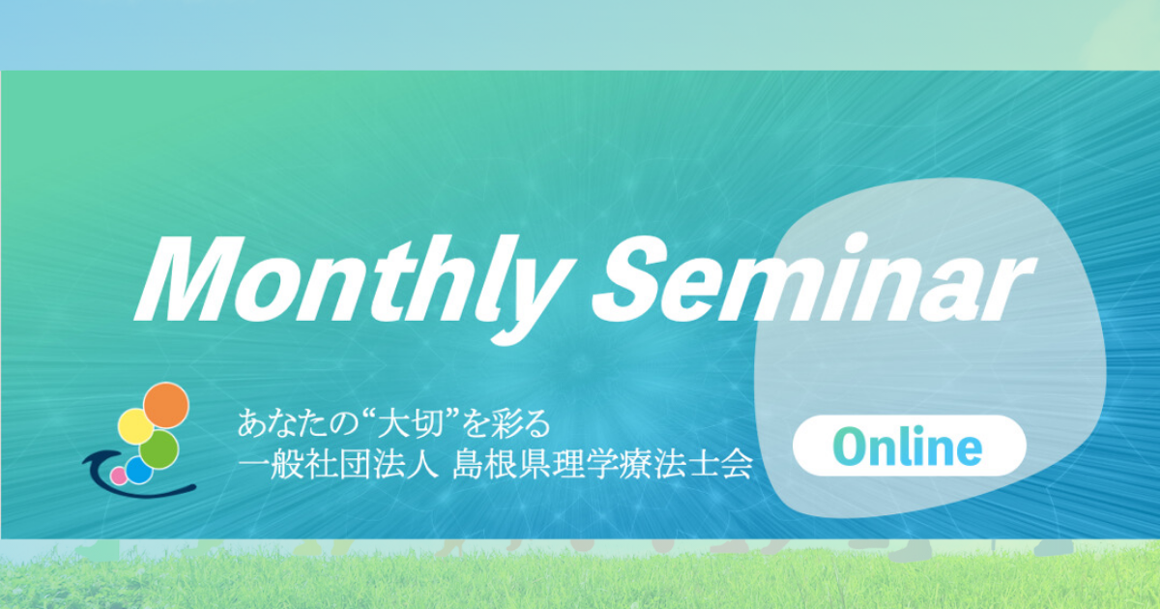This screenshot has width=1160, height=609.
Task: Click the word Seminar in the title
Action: click(814, 278)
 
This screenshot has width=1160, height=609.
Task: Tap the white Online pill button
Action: click(909, 446)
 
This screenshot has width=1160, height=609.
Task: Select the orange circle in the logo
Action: click(165, 405)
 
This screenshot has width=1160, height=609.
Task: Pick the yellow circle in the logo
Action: click(135, 426)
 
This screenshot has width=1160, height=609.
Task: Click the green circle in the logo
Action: click(159, 449)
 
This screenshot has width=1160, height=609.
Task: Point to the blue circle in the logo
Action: click(139, 470)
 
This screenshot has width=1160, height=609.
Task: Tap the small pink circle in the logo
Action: click(119, 476)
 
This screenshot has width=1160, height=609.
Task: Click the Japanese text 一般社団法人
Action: click(336, 465)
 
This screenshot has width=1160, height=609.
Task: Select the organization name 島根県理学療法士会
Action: click(602, 465)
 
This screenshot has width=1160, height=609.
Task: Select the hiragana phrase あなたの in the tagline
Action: click(295, 424)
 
